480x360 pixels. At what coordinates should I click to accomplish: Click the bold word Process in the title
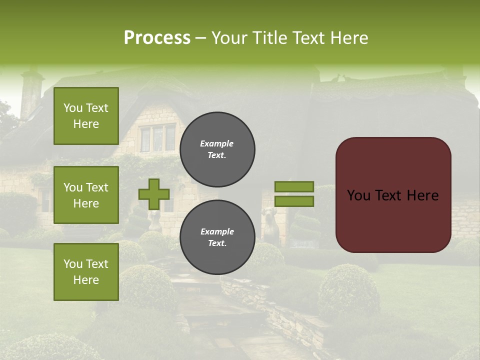tap(157, 38)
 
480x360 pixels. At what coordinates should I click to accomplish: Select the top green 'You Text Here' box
tap(86, 116)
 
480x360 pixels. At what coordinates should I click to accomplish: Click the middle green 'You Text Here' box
tap(86, 195)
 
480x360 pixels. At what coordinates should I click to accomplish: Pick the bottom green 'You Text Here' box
tap(86, 271)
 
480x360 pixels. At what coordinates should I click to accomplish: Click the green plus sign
tap(153, 194)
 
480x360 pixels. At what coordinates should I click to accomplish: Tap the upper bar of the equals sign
tap(294, 186)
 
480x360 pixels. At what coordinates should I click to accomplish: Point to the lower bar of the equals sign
tap(294, 201)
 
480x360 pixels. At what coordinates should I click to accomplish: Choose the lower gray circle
tap(217, 237)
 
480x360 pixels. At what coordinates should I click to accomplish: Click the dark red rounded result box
tap(393, 195)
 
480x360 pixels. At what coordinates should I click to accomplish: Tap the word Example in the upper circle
tap(217, 143)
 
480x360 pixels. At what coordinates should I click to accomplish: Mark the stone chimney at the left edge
tap(30, 92)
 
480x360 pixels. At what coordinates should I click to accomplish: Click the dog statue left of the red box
tap(270, 222)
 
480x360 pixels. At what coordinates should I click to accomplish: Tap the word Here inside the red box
tap(423, 195)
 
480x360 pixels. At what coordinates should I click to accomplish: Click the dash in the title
tap(201, 38)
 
